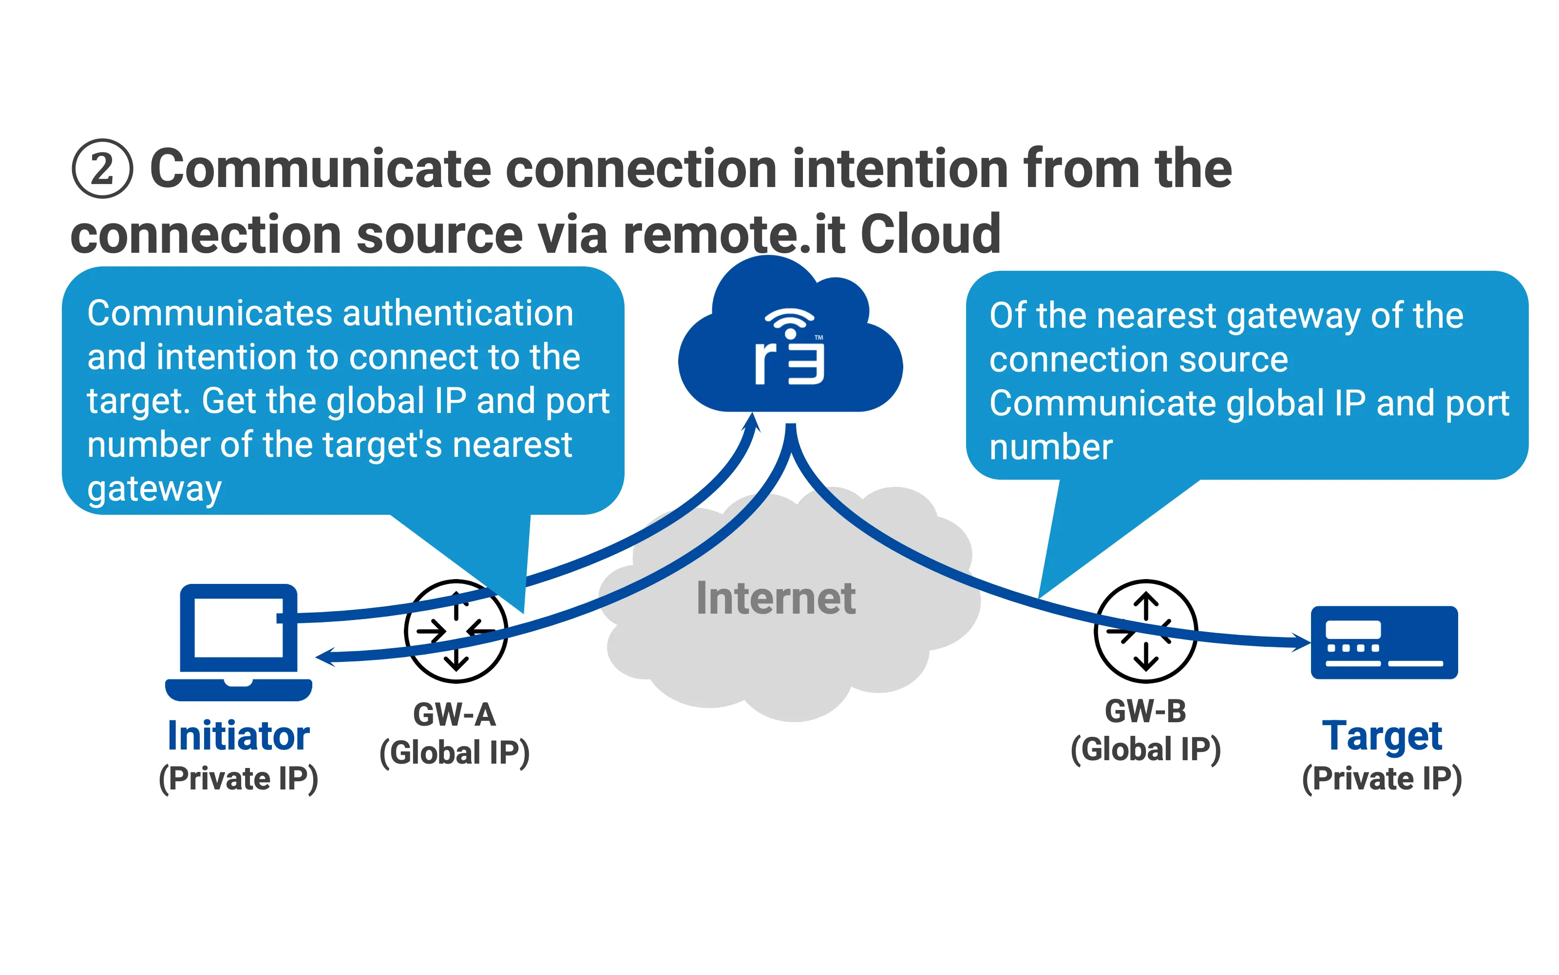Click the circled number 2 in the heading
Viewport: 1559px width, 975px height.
point(102,169)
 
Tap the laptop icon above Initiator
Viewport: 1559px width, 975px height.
point(238,641)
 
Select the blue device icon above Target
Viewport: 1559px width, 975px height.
point(1384,642)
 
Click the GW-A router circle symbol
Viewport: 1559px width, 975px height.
point(456,631)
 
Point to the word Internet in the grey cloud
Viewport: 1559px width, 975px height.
point(776,599)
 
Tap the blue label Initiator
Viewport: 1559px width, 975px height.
point(238,736)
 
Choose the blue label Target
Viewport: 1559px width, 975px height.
point(1382,736)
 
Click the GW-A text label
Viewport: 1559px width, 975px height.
point(454,714)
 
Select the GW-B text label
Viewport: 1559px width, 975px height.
point(1145,711)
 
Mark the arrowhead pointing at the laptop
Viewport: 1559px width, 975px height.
point(326,656)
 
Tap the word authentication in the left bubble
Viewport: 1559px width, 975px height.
point(458,314)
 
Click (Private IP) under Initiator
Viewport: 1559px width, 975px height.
point(238,779)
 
